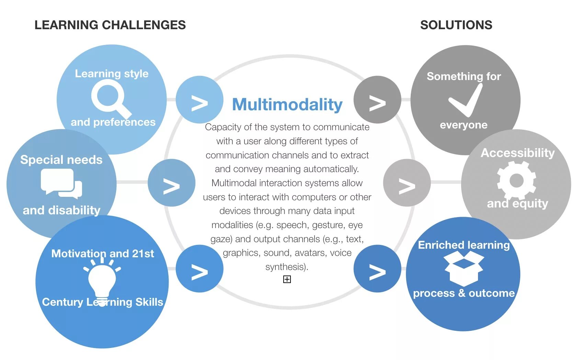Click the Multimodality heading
click(287, 104)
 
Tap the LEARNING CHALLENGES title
click(110, 25)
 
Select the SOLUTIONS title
click(456, 25)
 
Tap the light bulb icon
click(102, 280)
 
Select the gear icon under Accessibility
click(516, 180)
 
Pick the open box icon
click(464, 268)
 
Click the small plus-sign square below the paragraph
click(287, 279)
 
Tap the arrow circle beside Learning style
click(200, 100)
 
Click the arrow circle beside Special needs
click(171, 183)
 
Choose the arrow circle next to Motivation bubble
click(200, 269)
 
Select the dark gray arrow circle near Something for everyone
click(377, 100)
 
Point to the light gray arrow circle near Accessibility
click(407, 183)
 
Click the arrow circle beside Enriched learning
click(377, 269)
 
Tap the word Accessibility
click(517, 153)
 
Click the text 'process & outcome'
click(464, 293)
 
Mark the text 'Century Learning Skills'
click(102, 302)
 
